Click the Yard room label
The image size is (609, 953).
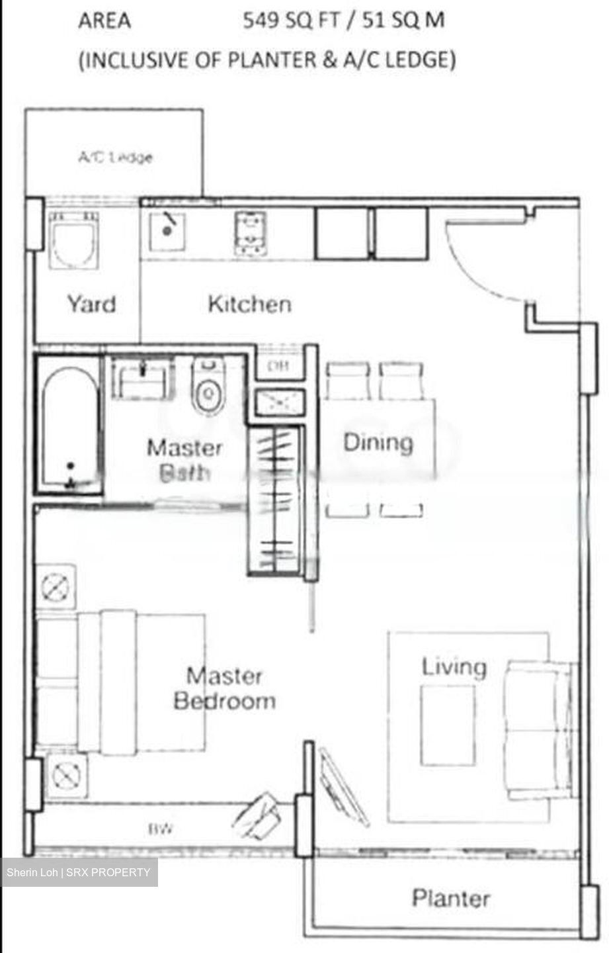[x=91, y=304]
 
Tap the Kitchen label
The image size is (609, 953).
[x=249, y=304]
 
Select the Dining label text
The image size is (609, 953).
[x=378, y=443]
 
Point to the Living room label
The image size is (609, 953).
[x=454, y=666]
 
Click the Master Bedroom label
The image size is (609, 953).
[x=224, y=688]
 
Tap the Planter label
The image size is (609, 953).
[x=451, y=898]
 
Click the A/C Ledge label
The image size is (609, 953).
[x=115, y=158]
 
